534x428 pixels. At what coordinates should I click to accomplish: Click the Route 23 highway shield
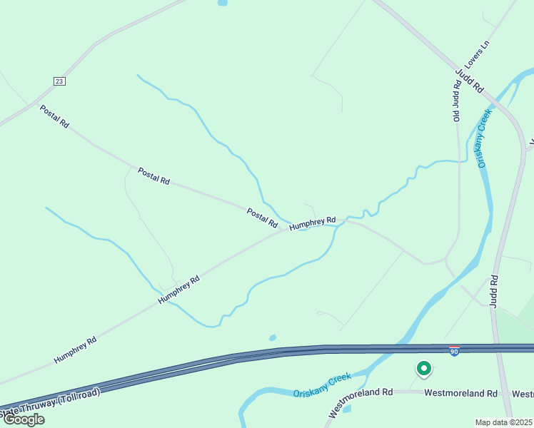tap(59, 81)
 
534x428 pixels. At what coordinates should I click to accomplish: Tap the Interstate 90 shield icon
tap(454, 351)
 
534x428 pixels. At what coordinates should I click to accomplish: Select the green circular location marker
tap(424, 369)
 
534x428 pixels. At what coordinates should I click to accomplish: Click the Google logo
tap(24, 419)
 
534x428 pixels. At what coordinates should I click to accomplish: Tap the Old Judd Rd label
tap(456, 101)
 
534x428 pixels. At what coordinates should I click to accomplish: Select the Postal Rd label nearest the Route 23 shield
tap(54, 116)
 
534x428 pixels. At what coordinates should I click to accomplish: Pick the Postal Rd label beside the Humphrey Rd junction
tap(262, 218)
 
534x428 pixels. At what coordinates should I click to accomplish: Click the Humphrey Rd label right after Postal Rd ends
tap(313, 223)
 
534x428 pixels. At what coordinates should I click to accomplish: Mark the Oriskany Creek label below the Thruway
tap(323, 387)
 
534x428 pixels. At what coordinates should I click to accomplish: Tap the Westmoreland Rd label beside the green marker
tap(460, 393)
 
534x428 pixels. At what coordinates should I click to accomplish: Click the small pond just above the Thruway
tap(272, 337)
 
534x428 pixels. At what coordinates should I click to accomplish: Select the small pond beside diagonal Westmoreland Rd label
tap(347, 409)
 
